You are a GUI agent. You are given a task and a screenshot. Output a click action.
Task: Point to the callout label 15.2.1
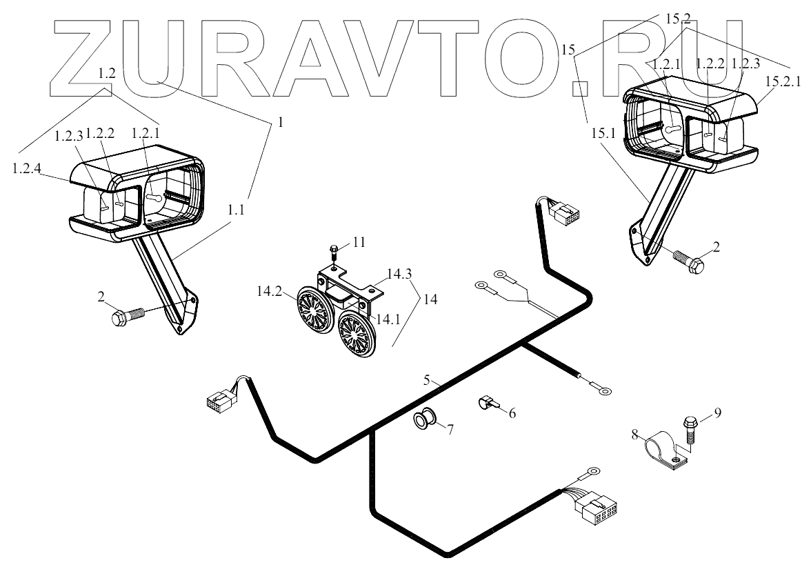point(785,81)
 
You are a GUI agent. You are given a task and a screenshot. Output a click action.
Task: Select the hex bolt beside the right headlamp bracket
point(686,259)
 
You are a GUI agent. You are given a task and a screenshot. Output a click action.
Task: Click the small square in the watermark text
point(582,88)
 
